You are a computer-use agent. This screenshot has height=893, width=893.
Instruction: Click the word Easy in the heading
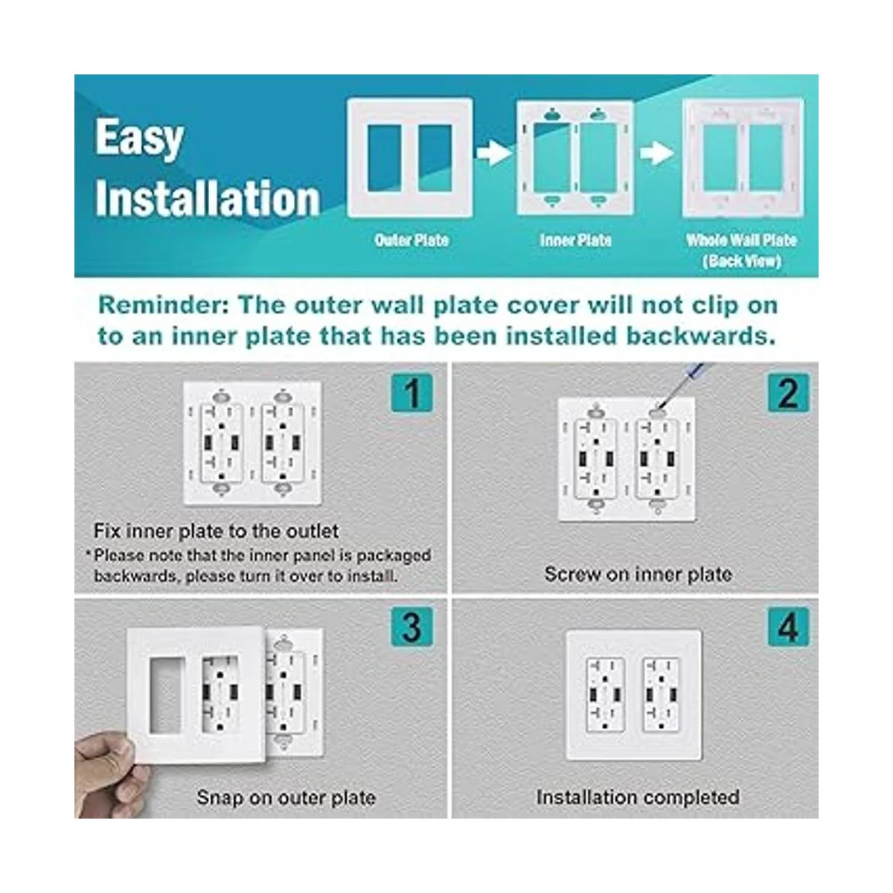(x=139, y=138)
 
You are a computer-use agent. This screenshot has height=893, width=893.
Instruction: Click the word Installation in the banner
(x=208, y=199)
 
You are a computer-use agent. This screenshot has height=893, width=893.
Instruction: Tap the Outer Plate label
(x=412, y=240)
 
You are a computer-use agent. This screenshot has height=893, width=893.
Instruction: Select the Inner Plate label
(x=575, y=240)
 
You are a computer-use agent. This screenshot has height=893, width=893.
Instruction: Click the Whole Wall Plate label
(x=741, y=240)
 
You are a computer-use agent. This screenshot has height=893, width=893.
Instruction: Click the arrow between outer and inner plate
(x=494, y=154)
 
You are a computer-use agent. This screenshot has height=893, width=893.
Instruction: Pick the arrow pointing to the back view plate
(x=657, y=154)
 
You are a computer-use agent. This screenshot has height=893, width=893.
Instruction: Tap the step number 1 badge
(x=412, y=392)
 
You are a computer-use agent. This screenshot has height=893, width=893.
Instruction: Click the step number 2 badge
(x=788, y=392)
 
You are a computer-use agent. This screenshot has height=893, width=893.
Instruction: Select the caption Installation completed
(x=638, y=797)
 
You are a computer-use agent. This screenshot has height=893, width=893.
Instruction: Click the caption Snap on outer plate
(x=286, y=798)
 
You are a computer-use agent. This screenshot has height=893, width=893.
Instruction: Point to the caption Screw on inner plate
(x=638, y=574)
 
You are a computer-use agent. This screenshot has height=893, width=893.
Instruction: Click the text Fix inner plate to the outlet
(x=216, y=531)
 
